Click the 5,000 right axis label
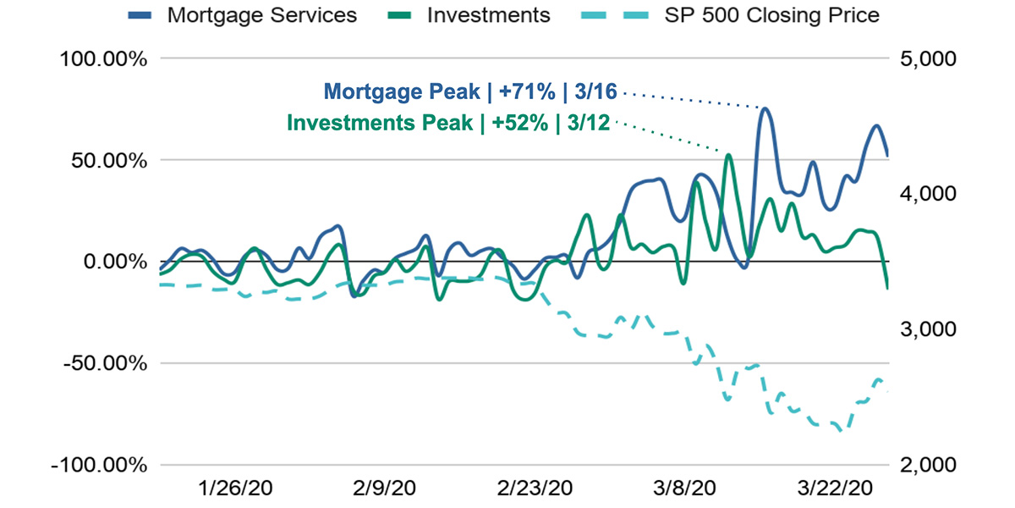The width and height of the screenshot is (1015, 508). pos(930,58)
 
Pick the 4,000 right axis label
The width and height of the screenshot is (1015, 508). pos(930,194)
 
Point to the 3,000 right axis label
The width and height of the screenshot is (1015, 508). pos(930,329)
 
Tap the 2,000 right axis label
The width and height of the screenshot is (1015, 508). pos(930,465)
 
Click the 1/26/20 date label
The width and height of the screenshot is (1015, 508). pos(236,489)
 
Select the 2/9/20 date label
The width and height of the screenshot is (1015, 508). pos(385,489)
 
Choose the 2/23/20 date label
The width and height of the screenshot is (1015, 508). pos(535,489)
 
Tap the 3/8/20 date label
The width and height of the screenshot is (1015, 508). pos(684,489)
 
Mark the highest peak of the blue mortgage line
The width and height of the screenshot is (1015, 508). pos(764,108)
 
